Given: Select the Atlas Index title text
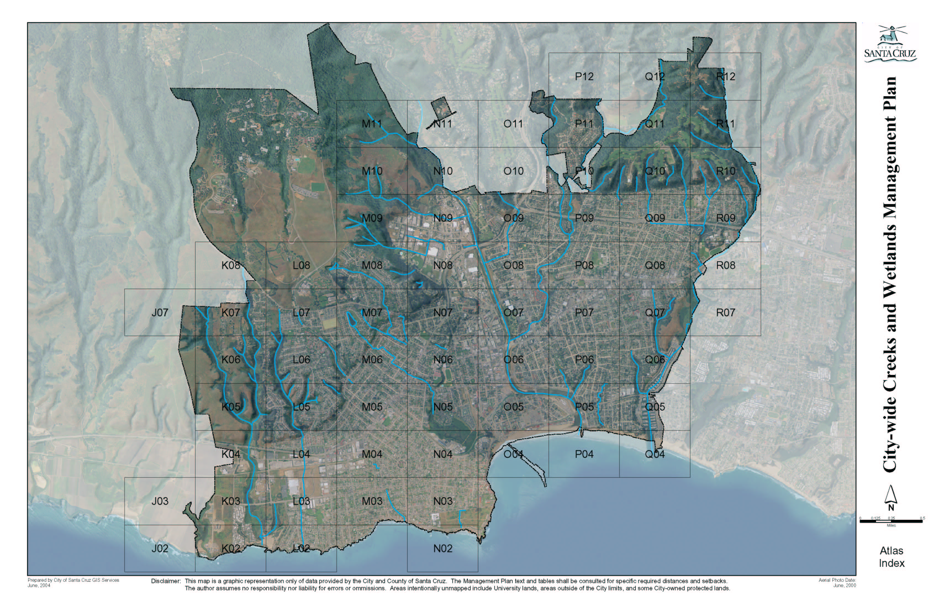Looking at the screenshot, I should (891, 557).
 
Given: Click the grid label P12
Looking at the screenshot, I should (584, 77).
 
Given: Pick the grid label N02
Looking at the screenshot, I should (442, 548).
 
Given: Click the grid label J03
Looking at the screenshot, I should (160, 501).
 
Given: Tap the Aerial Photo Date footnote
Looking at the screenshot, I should (837, 583).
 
